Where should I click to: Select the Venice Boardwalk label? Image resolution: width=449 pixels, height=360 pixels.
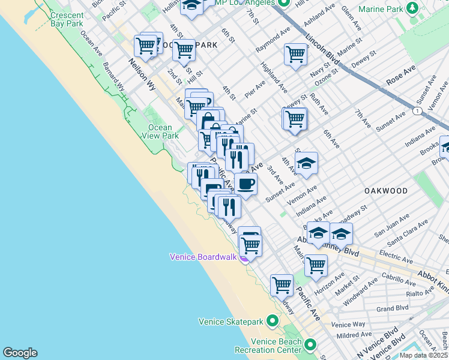click(203, 257)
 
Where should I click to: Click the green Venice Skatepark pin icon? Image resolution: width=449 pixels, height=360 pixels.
click(272, 322)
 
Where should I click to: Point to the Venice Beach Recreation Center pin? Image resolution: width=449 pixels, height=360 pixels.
click(310, 345)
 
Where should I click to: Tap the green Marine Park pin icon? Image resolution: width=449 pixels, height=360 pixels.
click(412, 8)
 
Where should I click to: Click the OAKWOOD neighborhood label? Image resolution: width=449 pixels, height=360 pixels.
click(385, 191)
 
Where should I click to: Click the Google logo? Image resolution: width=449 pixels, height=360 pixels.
click(19, 353)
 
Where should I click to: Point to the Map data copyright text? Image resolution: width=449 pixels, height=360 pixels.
click(424, 355)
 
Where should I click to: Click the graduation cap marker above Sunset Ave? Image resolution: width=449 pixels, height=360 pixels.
click(306, 163)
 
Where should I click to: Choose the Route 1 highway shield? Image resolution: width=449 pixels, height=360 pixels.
click(417, 111)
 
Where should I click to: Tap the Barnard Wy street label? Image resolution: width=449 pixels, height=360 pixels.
click(113, 76)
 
